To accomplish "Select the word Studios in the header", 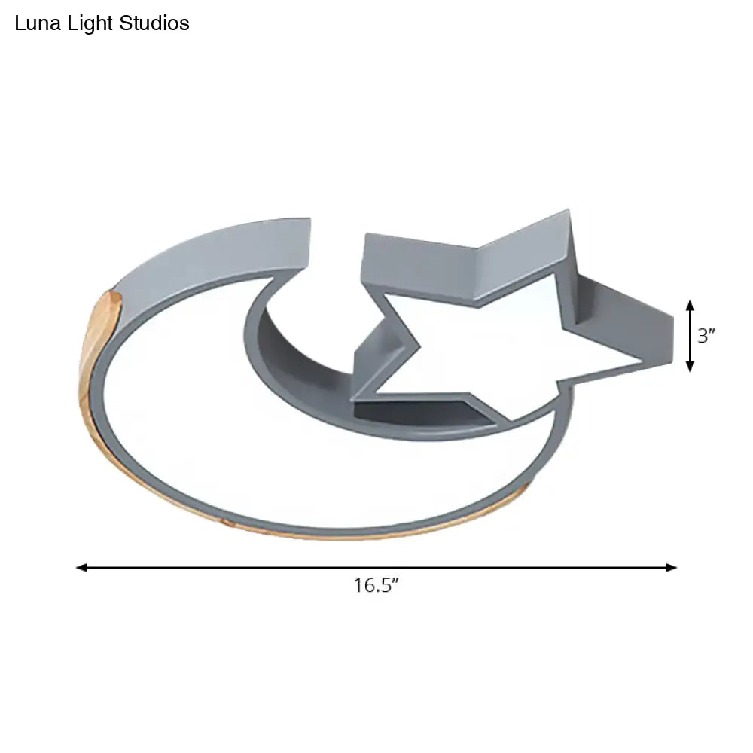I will (x=155, y=24).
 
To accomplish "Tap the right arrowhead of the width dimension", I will (x=672, y=568).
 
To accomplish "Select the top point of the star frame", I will (x=569, y=215).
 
